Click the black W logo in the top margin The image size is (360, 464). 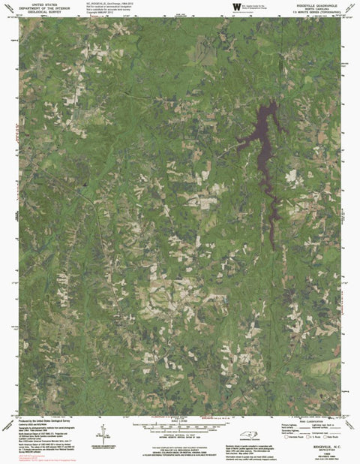point(236,7)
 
